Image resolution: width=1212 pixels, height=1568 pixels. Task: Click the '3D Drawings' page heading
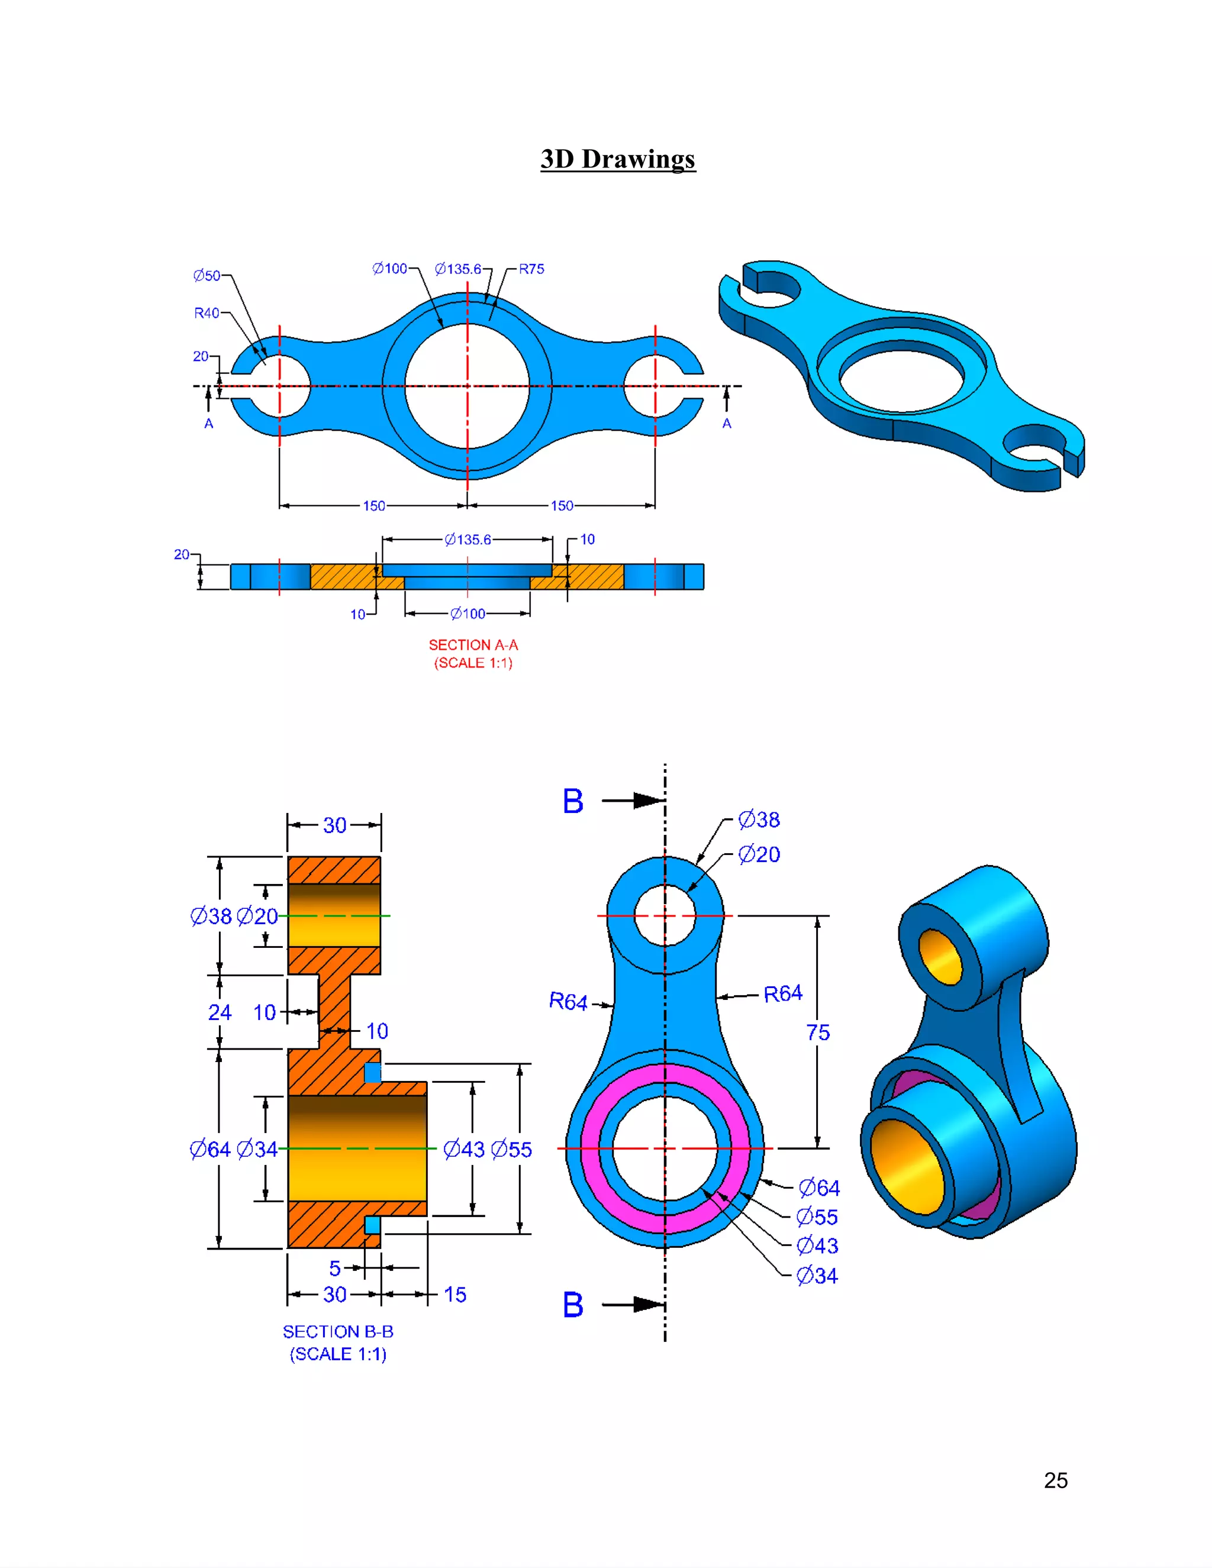617,159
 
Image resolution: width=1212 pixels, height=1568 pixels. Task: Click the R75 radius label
531,269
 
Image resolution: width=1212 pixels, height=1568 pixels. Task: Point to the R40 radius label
207,313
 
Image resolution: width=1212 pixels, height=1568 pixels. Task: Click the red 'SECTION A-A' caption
473,645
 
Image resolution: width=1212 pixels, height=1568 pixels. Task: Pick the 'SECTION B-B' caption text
338,1332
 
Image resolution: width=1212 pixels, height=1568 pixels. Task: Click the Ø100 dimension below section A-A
468,614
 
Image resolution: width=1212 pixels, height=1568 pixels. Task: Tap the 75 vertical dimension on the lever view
818,1033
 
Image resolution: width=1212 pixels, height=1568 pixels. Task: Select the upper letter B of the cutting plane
572,801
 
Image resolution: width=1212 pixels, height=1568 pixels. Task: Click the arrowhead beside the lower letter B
649,1305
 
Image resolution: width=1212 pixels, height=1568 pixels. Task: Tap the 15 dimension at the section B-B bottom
454,1295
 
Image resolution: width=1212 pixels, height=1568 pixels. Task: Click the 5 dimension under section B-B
334,1269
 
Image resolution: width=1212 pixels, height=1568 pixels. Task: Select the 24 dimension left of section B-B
220,1012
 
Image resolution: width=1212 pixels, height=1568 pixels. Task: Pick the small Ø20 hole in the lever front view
665,915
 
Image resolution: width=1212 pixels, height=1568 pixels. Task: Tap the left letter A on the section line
209,424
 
